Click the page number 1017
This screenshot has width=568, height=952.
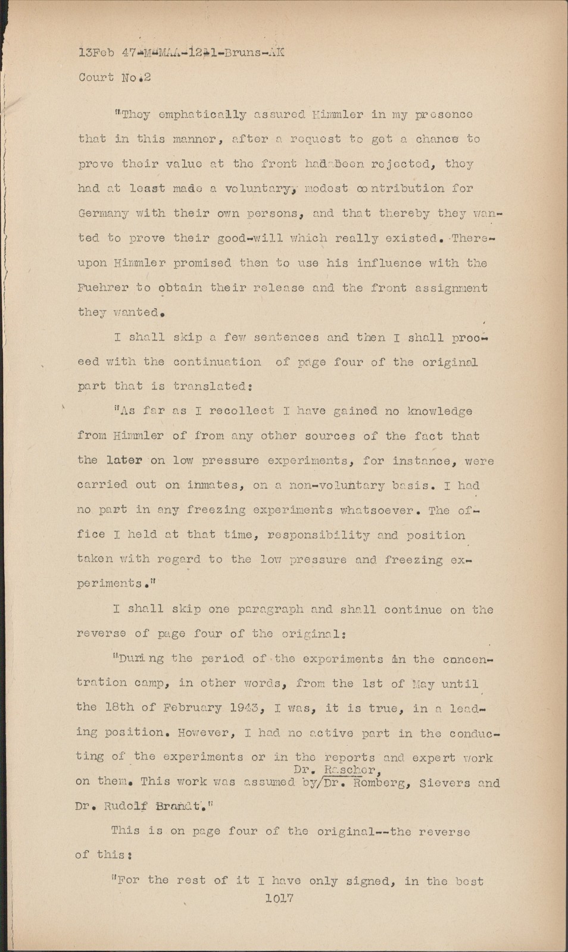click(x=279, y=898)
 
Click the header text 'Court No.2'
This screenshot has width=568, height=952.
click(x=114, y=77)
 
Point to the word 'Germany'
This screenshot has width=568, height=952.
click(x=102, y=213)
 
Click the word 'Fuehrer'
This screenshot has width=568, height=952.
click(x=102, y=288)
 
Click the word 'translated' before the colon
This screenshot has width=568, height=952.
click(x=210, y=386)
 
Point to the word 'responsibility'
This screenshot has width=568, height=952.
click(x=319, y=535)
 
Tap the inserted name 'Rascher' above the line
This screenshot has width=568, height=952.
click(x=351, y=770)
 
